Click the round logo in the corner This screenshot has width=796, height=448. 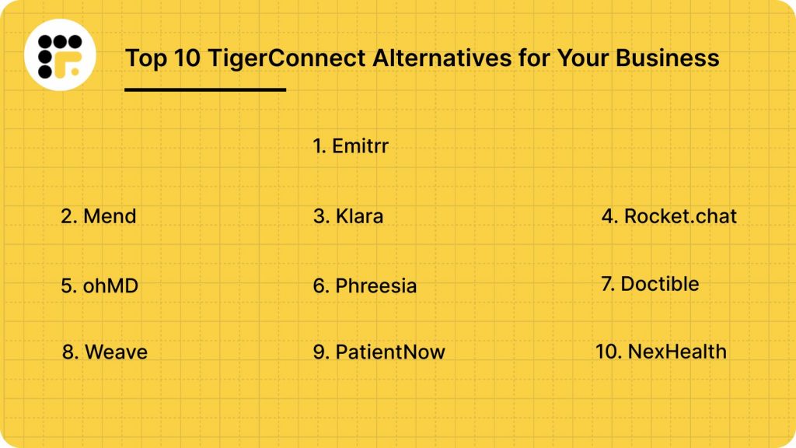pyautogui.click(x=60, y=54)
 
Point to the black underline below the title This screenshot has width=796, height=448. pyautogui.click(x=205, y=89)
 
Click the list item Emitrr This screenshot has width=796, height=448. pyautogui.click(x=359, y=145)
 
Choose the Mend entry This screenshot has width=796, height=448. pyautogui.click(x=109, y=216)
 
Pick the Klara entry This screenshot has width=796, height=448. pyautogui.click(x=358, y=216)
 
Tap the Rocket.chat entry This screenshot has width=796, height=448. pyautogui.click(x=680, y=216)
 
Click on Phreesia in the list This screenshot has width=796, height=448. pyautogui.click(x=375, y=285)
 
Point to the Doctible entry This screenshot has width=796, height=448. pyautogui.click(x=659, y=284)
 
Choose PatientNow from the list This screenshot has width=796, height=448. pyautogui.click(x=389, y=352)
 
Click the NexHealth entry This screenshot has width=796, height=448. pyautogui.click(x=676, y=352)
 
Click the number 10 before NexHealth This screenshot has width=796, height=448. pyautogui.click(x=606, y=352)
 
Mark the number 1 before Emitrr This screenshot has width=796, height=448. pyautogui.click(x=318, y=145)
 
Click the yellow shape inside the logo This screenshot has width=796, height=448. pyautogui.click(x=72, y=65)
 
